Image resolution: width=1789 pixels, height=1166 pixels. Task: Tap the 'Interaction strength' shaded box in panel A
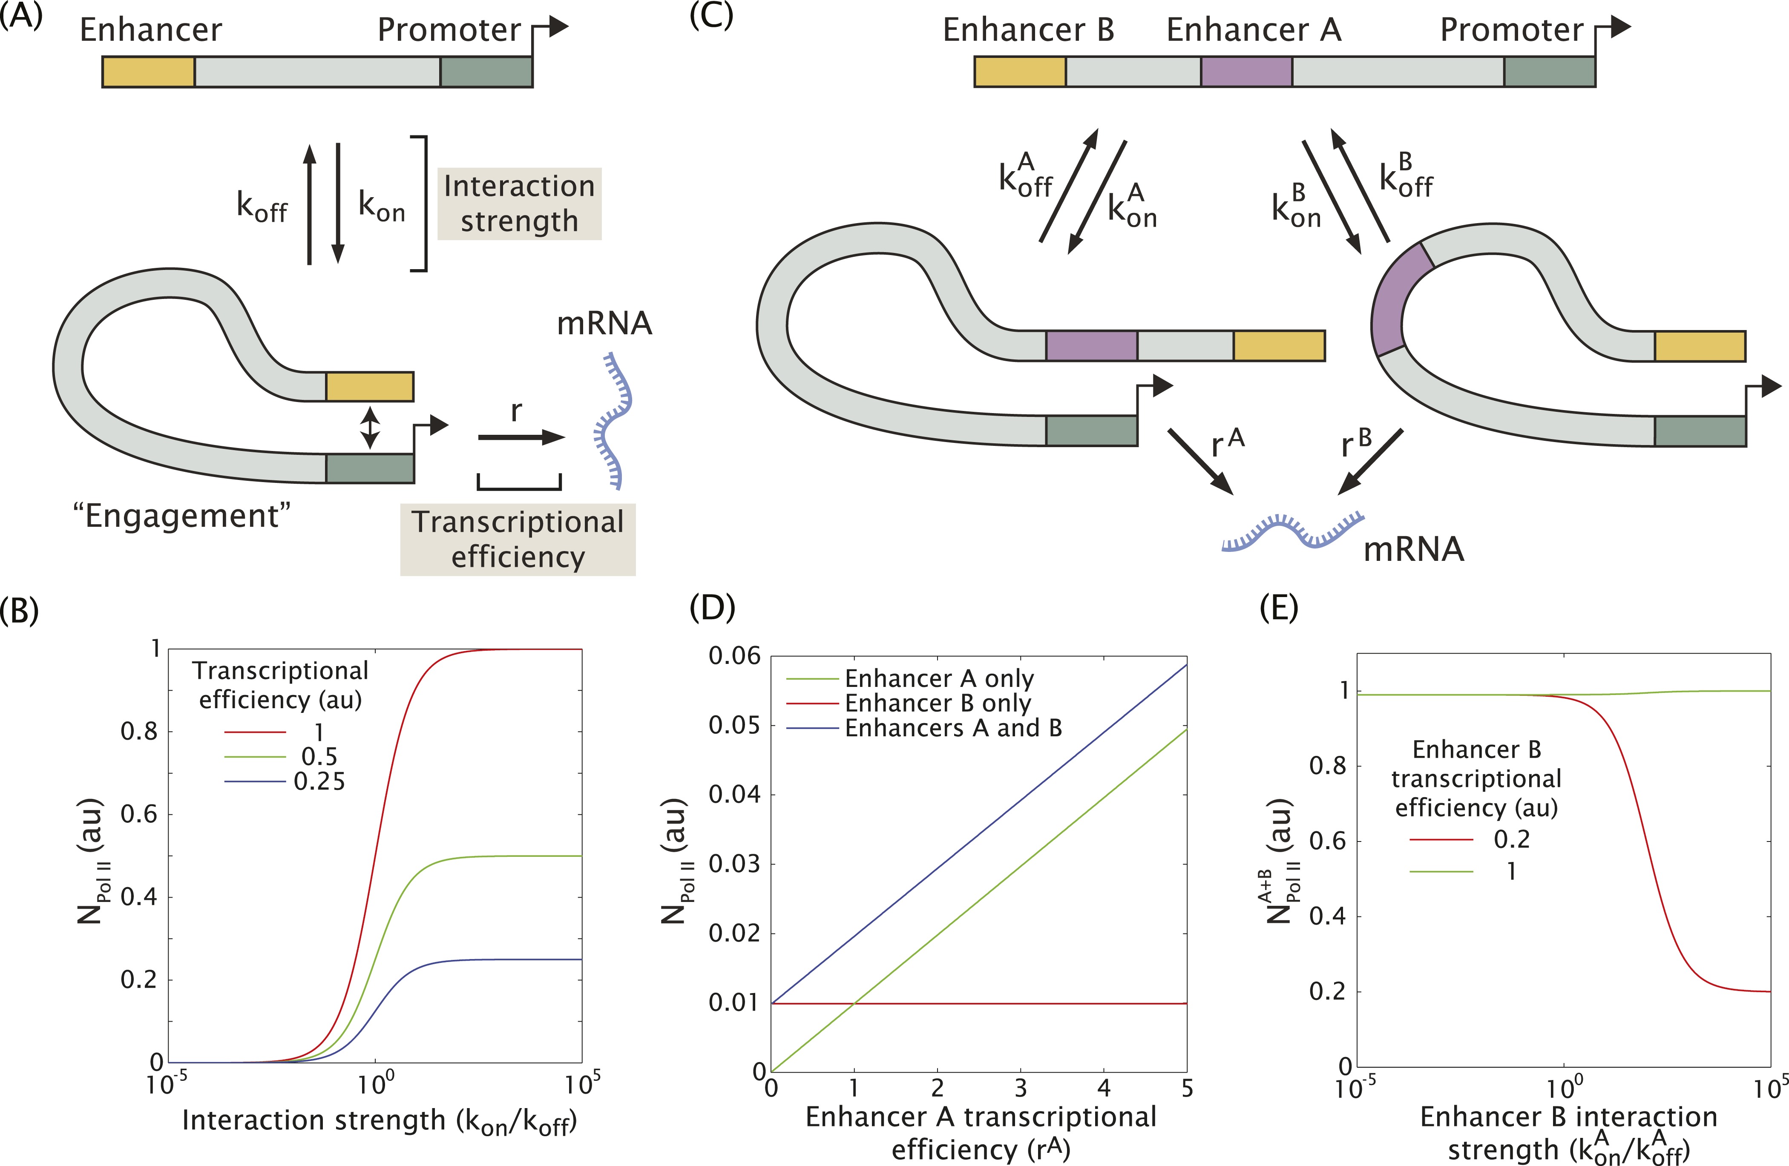pyautogui.click(x=519, y=204)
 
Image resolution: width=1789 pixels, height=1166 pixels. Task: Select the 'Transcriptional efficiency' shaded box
pyautogui.click(x=518, y=540)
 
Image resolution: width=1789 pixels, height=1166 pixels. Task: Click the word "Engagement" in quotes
pyautogui.click(x=182, y=516)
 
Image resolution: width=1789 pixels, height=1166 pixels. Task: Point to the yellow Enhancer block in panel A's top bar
pyautogui.click(x=149, y=72)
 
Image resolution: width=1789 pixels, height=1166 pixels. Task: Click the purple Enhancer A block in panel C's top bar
pyautogui.click(x=1246, y=72)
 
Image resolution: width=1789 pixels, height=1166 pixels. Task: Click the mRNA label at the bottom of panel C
pyautogui.click(x=1413, y=550)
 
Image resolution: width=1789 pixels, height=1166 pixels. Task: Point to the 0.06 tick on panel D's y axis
pyautogui.click(x=734, y=656)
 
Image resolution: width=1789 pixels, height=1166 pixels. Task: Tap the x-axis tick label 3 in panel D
pyautogui.click(x=1020, y=1088)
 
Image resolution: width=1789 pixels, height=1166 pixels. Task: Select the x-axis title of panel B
pyautogui.click(x=380, y=1121)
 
